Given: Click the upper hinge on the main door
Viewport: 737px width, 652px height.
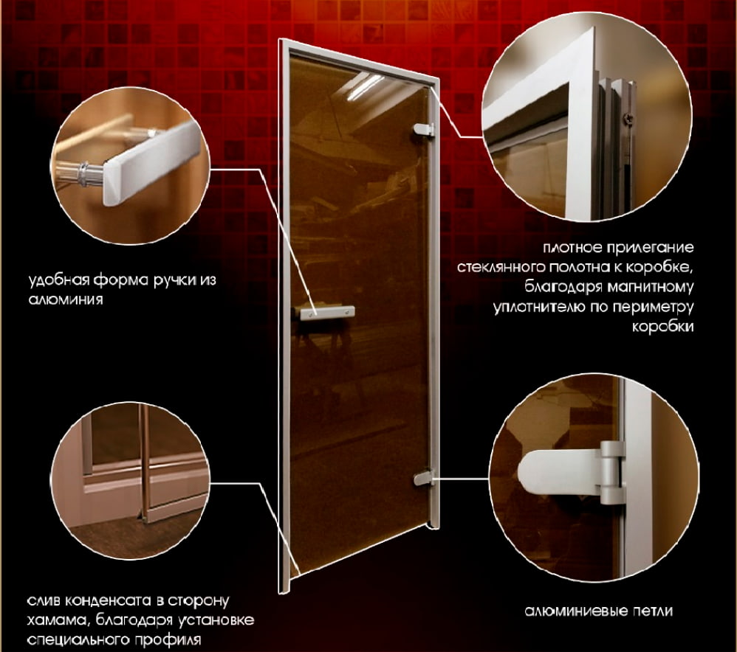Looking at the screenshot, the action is click(x=423, y=130).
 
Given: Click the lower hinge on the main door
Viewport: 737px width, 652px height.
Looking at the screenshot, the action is click(x=424, y=478).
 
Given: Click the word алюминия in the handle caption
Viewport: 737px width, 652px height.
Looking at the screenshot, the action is click(x=66, y=299).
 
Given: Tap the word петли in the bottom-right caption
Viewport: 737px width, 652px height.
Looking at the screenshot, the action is click(x=653, y=611).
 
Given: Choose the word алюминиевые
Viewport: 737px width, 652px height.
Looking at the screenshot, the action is click(x=577, y=611).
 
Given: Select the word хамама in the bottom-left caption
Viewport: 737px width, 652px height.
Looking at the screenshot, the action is click(x=57, y=620).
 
